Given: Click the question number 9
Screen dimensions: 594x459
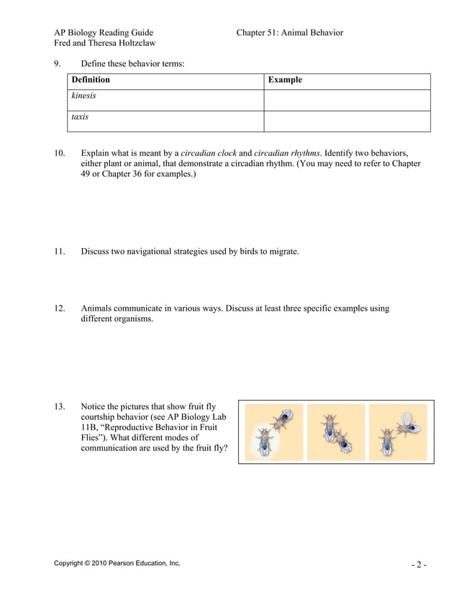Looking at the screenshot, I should pyautogui.click(x=57, y=63).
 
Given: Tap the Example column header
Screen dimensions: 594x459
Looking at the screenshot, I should pyautogui.click(x=285, y=80).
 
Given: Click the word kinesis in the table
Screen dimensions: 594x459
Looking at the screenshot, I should pyautogui.click(x=83, y=96).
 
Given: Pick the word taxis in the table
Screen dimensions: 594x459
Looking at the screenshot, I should pyautogui.click(x=80, y=116).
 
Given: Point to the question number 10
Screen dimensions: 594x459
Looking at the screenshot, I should pyautogui.click(x=60, y=153).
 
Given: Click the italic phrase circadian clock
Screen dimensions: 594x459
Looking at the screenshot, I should pyautogui.click(x=208, y=153).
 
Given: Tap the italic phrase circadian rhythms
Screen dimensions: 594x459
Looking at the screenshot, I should pyautogui.click(x=287, y=153).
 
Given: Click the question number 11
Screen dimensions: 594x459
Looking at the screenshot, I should pyautogui.click(x=60, y=252).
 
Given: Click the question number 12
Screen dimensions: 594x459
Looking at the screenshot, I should pyautogui.click(x=60, y=309).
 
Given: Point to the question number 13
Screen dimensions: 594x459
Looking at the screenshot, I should pyautogui.click(x=60, y=407).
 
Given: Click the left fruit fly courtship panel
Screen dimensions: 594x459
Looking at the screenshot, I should pyautogui.click(x=273, y=432).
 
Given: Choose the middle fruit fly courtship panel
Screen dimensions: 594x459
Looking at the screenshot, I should pyautogui.click(x=335, y=432).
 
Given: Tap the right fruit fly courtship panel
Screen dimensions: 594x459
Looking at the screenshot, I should pyautogui.click(x=397, y=432).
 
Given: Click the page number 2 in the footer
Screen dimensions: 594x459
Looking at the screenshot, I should pyautogui.click(x=419, y=565).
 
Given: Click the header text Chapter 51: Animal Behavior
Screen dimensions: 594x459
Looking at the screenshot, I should pyautogui.click(x=289, y=32).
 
